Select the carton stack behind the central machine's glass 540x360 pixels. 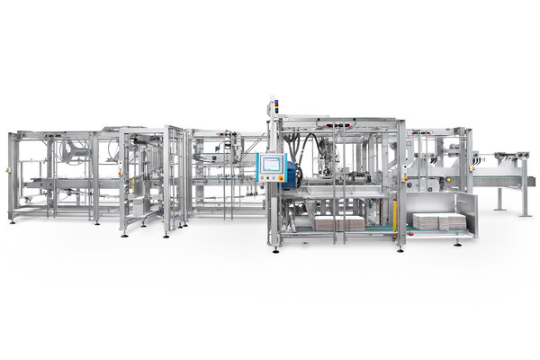click(337, 222)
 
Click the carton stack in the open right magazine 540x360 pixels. click(439, 220)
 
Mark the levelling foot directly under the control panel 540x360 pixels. click(273, 248)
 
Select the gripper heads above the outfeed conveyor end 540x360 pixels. click(509, 160)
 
